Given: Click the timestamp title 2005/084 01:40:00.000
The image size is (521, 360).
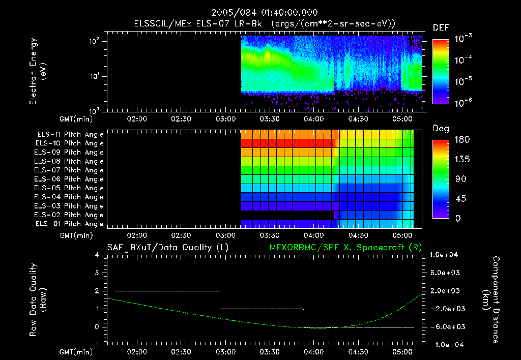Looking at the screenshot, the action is [x=265, y=13].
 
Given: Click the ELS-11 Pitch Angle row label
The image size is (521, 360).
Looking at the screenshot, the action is [x=70, y=135].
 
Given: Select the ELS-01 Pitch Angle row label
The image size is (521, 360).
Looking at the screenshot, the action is [x=69, y=224].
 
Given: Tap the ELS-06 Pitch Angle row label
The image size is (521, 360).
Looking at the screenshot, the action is [x=69, y=179].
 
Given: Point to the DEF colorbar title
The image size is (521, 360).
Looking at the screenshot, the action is [x=441, y=27].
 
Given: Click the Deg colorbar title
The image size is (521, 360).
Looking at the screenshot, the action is [x=441, y=129].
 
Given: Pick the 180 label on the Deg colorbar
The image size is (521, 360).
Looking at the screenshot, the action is [x=462, y=140].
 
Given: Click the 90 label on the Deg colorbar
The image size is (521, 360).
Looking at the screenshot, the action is [x=460, y=179].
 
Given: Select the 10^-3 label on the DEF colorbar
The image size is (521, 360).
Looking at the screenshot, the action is [x=463, y=39].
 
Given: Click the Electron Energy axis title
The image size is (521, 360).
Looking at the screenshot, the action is [x=38, y=71].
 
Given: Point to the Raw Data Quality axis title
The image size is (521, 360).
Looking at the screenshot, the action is [x=38, y=299].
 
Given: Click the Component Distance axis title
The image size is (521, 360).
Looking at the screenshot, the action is [x=490, y=299].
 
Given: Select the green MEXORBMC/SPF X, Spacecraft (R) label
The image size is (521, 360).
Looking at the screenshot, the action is [x=345, y=248].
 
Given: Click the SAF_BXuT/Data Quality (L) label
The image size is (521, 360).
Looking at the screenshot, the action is [x=168, y=248].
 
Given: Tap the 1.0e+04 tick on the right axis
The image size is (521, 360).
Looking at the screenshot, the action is [x=444, y=255].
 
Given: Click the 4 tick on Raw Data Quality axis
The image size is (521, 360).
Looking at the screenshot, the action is [x=97, y=255].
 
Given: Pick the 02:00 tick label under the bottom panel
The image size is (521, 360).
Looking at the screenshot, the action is [x=137, y=352].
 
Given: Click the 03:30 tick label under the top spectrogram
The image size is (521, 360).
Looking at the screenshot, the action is [x=270, y=119].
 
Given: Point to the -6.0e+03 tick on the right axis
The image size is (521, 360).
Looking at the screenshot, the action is [x=445, y=327].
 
